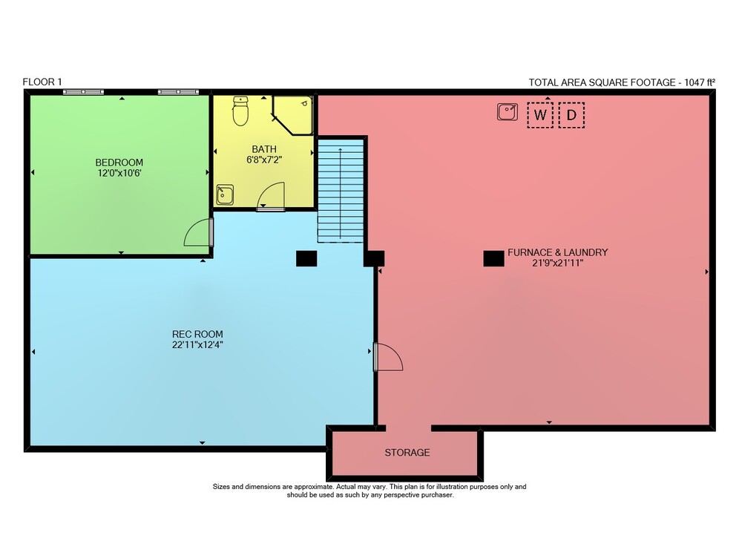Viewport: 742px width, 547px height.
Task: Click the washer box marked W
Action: click(540, 115)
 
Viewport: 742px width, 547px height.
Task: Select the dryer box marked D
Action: click(571, 115)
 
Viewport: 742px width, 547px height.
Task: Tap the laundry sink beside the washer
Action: click(508, 112)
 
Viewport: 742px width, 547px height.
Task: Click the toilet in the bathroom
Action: click(240, 111)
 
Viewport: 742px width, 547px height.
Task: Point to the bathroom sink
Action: click(225, 195)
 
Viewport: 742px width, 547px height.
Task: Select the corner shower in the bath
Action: click(293, 116)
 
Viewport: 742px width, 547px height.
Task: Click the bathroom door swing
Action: click(271, 196)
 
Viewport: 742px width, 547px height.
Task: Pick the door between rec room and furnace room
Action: click(388, 357)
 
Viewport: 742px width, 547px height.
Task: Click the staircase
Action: click(341, 190)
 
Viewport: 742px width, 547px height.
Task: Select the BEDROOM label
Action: click(119, 163)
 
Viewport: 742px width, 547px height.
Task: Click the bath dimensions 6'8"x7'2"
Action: click(264, 160)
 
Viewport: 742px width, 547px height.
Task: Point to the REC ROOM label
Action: click(197, 334)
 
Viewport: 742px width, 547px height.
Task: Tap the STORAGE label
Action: click(407, 453)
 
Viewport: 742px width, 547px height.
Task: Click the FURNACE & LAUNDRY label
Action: click(557, 252)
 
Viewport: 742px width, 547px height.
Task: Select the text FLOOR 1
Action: click(42, 82)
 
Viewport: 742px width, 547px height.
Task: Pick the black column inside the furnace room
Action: click(493, 259)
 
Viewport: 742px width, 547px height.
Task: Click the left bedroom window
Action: click(83, 92)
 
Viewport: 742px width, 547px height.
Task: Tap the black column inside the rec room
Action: click(306, 258)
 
